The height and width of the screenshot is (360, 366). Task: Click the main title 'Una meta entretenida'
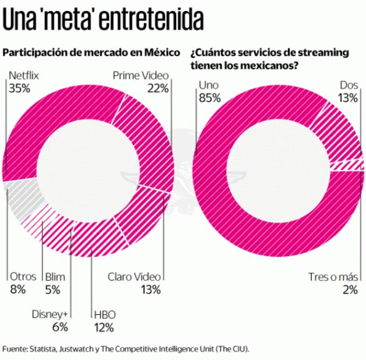coord(103,20)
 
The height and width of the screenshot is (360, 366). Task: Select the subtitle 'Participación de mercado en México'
coord(91,53)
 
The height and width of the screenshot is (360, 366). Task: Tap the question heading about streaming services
coord(269,59)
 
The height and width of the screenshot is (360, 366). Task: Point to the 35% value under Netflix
coord(19,88)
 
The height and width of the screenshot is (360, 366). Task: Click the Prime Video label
coord(140,75)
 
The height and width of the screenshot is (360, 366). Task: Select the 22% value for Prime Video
coord(157,88)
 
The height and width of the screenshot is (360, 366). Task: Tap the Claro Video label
coord(134,277)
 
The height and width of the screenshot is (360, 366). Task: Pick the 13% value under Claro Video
coord(149,290)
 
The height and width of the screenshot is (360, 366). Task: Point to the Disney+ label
coord(51,314)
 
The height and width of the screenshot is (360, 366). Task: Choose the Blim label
coord(57,277)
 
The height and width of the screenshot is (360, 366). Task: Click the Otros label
coord(23,277)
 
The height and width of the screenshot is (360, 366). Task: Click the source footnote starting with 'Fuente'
coord(125,349)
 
